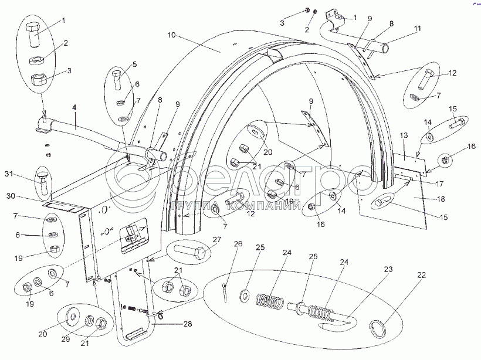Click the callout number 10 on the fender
171,36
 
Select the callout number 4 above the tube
74,107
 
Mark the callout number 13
404,135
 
